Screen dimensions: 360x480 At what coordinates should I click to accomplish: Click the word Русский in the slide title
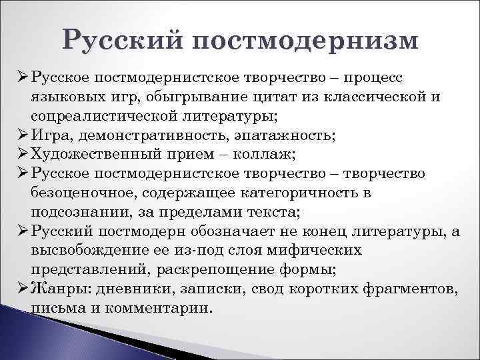(x=123, y=39)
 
